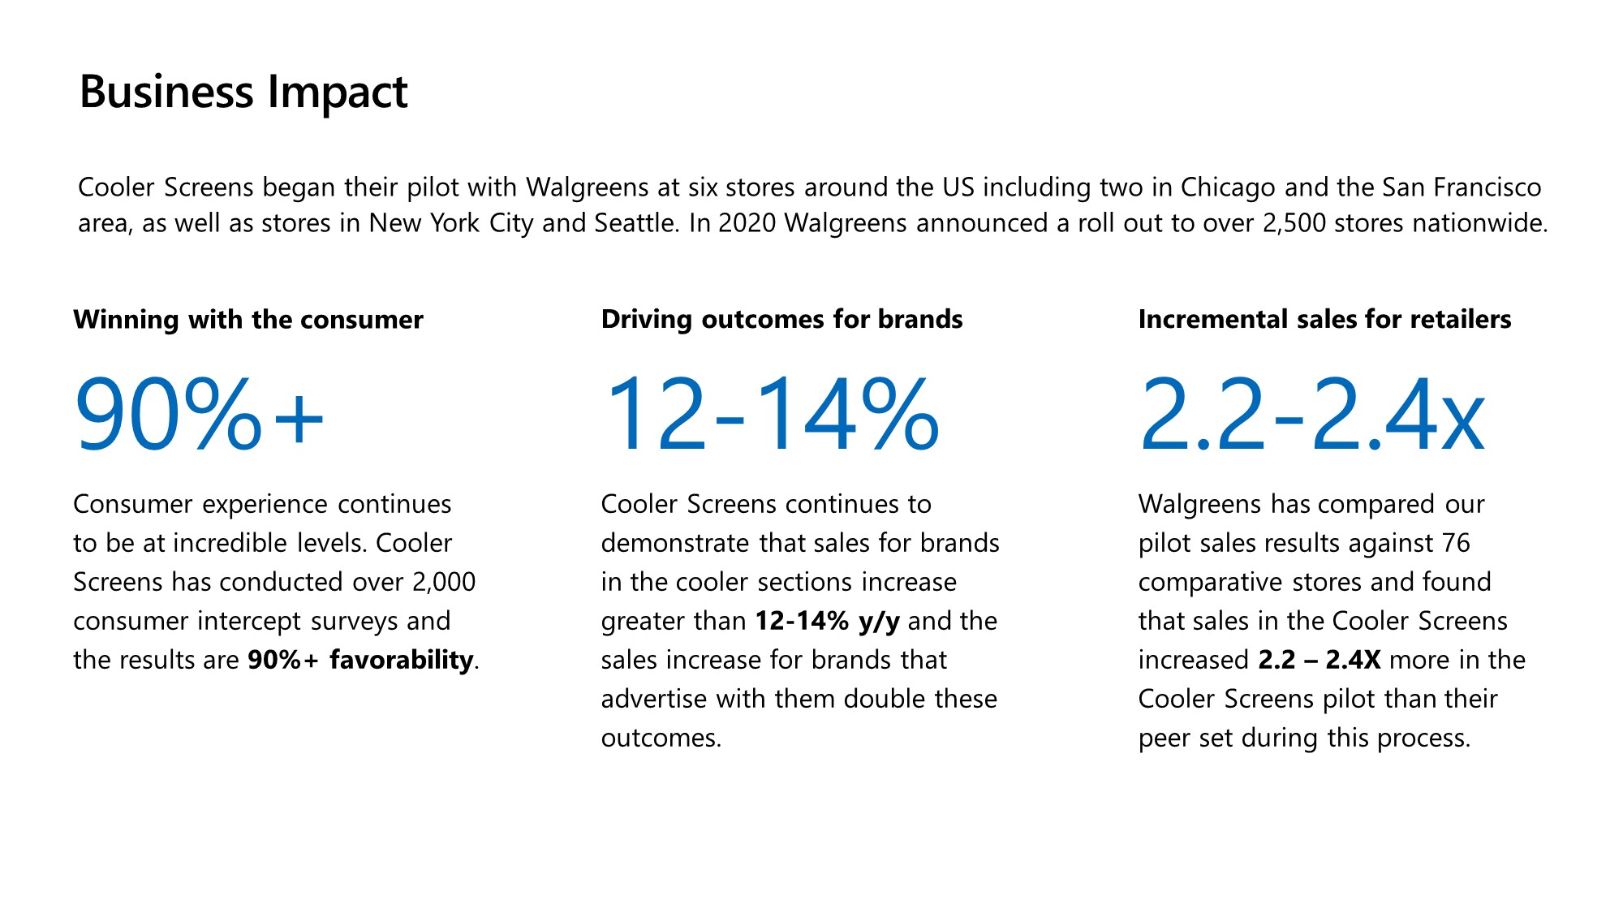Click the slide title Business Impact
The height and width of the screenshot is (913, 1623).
pos(243,92)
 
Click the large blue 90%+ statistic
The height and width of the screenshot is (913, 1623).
pos(200,414)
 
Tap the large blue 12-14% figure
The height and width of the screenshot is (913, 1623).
pos(771,414)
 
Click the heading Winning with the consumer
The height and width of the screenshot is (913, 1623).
pos(248,320)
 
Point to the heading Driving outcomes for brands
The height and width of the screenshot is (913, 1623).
pos(781,320)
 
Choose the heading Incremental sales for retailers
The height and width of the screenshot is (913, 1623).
pos(1324,320)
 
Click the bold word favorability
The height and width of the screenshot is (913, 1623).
pos(401,660)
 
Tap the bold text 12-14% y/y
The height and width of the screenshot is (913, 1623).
pos(827,621)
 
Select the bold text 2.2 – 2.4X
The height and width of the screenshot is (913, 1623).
pos(1319,660)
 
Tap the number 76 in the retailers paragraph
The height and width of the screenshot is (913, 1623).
pos(1456,543)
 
